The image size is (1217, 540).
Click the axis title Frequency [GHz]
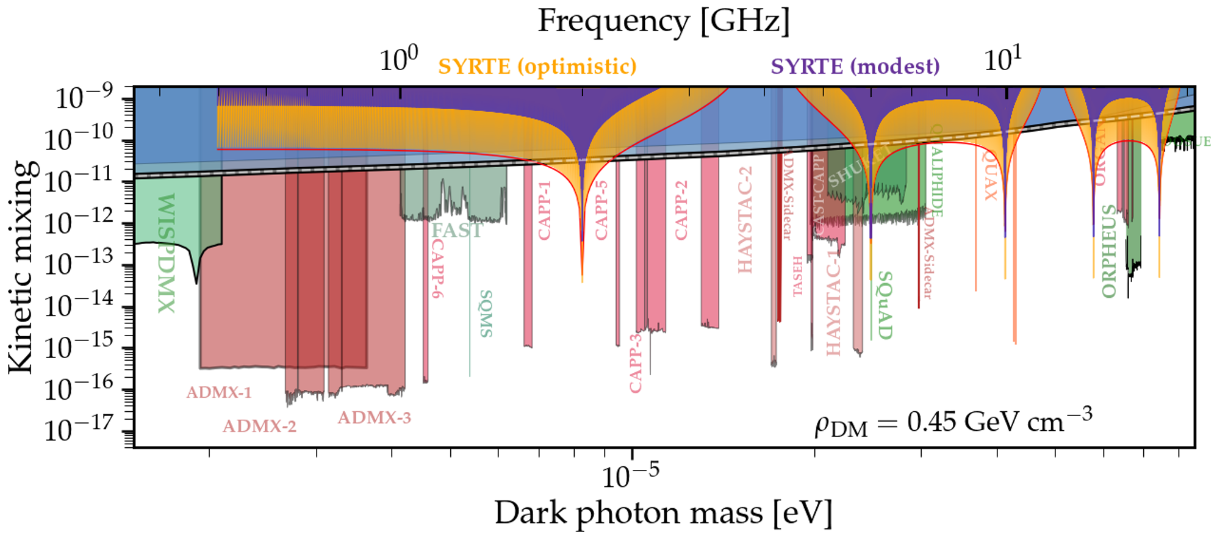(663, 21)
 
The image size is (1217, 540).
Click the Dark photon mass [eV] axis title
(663, 513)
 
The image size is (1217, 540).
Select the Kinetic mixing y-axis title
(21, 267)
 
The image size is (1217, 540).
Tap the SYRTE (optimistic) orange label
(537, 66)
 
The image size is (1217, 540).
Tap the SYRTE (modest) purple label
(855, 66)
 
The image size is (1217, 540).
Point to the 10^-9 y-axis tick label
(84, 98)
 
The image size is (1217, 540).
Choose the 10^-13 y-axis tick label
(79, 264)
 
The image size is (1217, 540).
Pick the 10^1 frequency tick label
(1002, 60)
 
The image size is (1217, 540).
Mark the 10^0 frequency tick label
(399, 60)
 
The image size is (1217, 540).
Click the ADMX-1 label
(219, 392)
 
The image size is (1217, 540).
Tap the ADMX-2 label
(259, 426)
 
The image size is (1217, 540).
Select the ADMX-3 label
(374, 418)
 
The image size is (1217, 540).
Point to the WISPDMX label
(167, 253)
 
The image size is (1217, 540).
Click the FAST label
(456, 231)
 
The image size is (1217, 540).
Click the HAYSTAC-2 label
(745, 220)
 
